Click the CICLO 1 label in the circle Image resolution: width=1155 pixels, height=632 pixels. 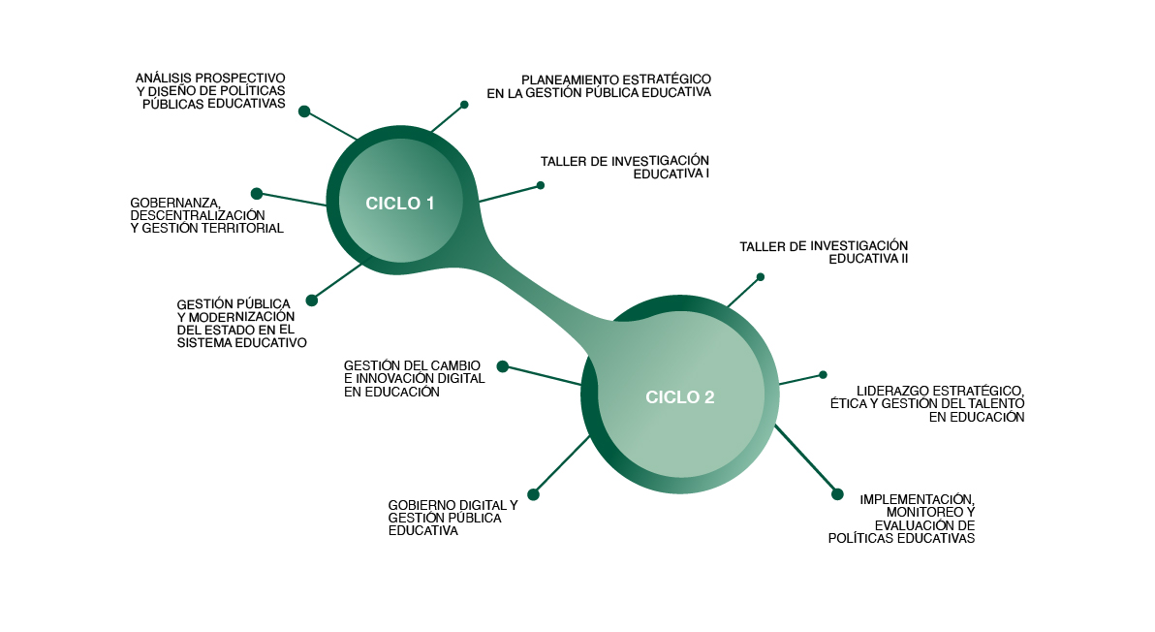tap(400, 204)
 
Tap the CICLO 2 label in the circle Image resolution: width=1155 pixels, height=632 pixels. tap(680, 396)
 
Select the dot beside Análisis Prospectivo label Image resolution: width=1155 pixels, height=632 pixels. tap(304, 111)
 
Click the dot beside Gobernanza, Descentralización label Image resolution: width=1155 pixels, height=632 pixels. tap(257, 194)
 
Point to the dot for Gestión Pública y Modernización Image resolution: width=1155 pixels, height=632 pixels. tap(311, 300)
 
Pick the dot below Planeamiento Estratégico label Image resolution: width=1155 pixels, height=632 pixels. tap(464, 105)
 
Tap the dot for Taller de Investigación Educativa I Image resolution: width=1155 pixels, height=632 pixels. tap(541, 185)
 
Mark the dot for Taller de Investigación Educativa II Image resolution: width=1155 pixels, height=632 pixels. tap(761, 277)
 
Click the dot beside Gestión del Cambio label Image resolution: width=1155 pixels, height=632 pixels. tap(503, 366)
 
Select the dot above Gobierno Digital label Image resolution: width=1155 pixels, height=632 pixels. tap(533, 494)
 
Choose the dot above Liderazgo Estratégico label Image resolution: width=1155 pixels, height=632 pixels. tap(823, 374)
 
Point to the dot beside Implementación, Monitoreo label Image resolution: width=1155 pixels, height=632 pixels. tap(838, 494)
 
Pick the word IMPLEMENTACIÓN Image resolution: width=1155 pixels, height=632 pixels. tap(917, 499)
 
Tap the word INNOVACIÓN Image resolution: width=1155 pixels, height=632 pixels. tap(398, 379)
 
